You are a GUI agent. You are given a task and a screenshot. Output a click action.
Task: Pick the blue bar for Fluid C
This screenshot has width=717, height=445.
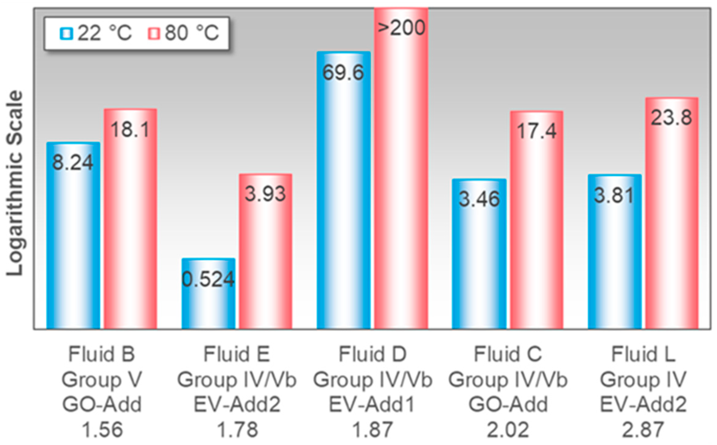tap(479, 259)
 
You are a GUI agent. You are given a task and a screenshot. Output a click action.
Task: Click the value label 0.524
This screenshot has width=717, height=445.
tap(208, 279)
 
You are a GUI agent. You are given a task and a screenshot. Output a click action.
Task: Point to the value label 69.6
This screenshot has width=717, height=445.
tap(343, 73)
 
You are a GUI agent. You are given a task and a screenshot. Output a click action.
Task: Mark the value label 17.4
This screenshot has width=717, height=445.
tap(537, 131)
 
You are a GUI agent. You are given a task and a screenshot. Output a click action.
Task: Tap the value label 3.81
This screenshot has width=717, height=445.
tap(614, 195)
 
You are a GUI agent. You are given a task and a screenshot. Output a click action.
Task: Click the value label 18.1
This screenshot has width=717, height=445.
tap(130, 130)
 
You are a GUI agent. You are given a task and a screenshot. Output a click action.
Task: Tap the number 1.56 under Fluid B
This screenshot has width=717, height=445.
tap(102, 430)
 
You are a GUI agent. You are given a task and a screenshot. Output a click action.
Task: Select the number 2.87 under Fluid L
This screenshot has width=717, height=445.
tap(643, 430)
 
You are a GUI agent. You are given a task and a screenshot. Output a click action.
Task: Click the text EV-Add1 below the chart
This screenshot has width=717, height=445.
tap(372, 405)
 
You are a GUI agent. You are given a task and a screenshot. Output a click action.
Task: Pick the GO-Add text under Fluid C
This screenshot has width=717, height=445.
tap(508, 405)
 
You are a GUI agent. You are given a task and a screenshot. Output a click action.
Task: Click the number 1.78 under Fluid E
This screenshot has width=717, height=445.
tap(237, 430)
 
